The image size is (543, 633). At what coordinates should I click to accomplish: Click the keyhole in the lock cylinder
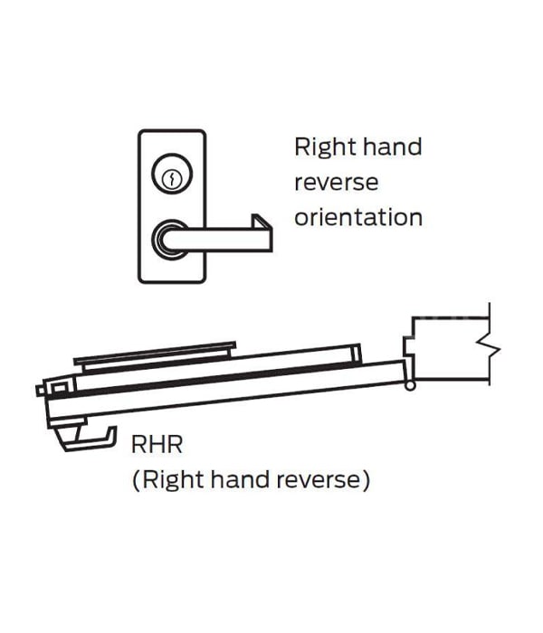171,178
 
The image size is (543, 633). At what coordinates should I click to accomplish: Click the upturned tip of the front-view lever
261,222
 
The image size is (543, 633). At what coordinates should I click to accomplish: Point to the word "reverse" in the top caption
336,183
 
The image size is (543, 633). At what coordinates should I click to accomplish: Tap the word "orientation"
358,217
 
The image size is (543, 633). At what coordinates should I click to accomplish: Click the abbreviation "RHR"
157,445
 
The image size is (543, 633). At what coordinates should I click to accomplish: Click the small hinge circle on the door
410,386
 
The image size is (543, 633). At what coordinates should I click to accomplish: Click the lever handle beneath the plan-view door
89,438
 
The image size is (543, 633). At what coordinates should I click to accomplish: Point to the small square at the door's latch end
59,388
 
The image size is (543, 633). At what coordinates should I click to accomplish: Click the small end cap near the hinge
356,354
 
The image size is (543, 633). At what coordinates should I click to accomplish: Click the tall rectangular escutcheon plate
172,206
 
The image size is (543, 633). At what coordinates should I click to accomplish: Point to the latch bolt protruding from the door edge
41,391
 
